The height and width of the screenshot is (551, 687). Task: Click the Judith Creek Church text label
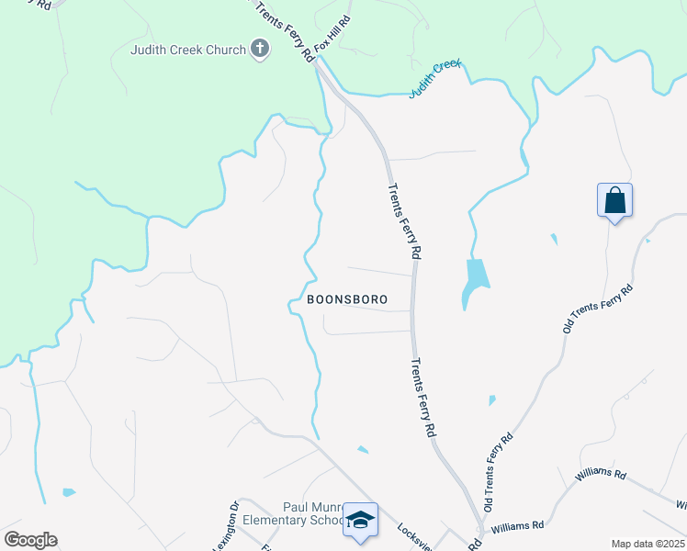188,50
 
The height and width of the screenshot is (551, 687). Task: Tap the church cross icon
260,50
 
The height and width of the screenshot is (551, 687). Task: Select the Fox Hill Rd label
333,33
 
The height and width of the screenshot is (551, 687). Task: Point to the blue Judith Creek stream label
434,79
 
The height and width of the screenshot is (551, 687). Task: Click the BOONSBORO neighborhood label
346,299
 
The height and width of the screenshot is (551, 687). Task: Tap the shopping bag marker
614,200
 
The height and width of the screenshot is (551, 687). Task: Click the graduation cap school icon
361,521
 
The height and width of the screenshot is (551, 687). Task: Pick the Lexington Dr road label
227,529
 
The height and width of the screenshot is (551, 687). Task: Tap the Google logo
30,540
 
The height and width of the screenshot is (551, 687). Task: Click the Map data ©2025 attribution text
648,544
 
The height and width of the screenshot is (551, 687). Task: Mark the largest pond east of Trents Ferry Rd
475,281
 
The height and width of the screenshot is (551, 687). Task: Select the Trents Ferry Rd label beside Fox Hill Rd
284,30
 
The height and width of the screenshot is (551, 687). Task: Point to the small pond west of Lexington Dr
69,492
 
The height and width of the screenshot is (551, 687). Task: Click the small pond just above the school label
363,450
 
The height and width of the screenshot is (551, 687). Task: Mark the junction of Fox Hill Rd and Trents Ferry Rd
316,61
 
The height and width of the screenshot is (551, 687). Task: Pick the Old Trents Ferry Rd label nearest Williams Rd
496,472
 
